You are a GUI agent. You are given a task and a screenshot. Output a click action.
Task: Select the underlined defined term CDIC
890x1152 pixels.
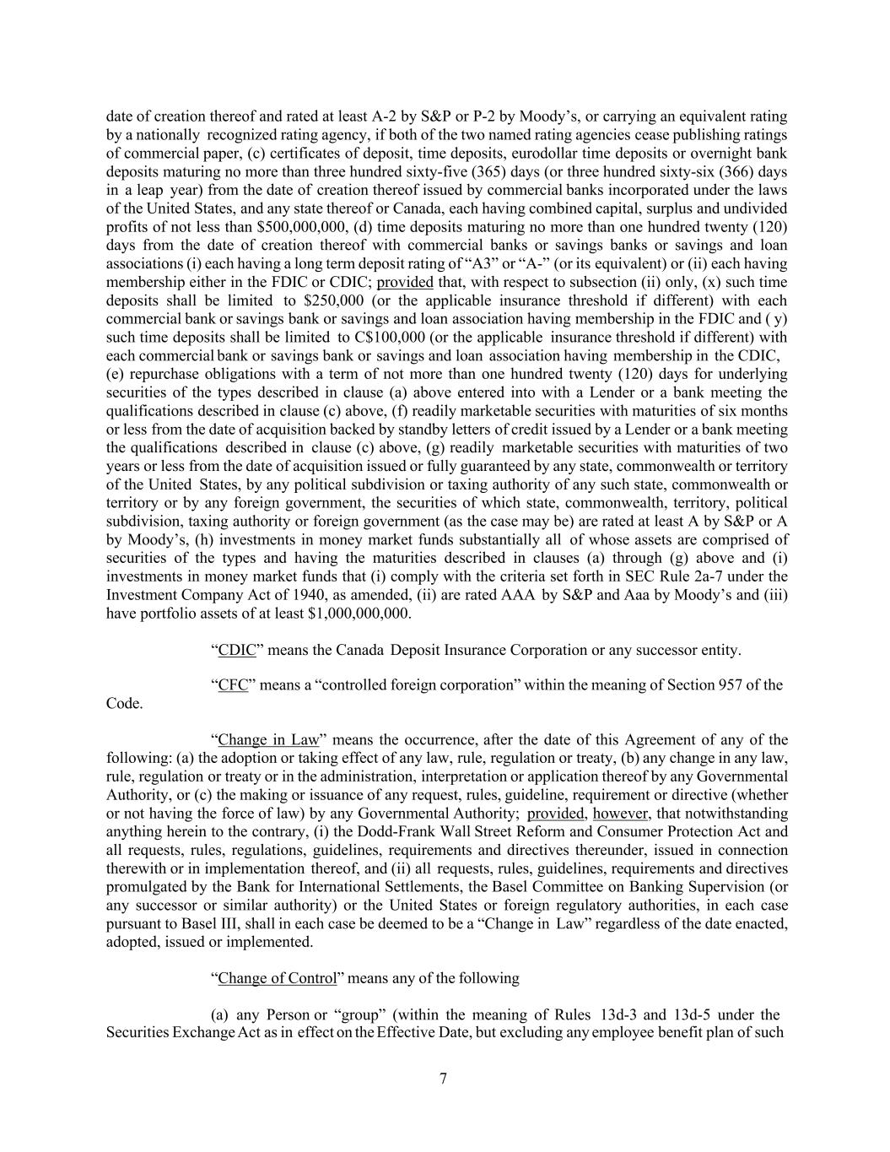[x=237, y=650]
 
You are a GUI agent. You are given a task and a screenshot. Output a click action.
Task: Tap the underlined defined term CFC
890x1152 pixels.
[x=233, y=685]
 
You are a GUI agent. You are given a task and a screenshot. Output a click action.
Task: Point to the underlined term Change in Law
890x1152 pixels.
[x=268, y=740]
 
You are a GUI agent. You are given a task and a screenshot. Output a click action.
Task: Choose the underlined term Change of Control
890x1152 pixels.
[x=278, y=978]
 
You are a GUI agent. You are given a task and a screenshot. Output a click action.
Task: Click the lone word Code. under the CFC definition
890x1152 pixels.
[x=125, y=704]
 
